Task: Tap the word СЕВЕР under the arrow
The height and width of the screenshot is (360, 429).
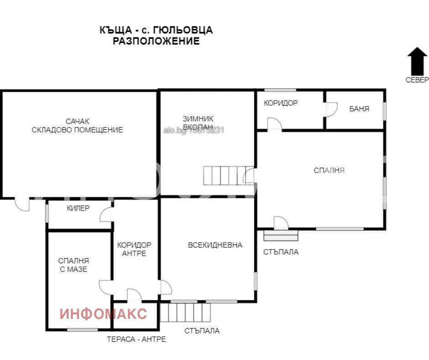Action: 417,80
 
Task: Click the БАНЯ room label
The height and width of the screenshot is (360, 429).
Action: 359,109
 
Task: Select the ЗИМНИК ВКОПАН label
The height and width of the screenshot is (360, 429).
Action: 198,122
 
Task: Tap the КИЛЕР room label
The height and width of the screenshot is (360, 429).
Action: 78,208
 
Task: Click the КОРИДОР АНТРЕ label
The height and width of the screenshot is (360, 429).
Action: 134,249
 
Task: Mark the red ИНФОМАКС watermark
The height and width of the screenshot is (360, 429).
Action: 104,314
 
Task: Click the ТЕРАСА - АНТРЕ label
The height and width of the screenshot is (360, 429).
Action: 136,339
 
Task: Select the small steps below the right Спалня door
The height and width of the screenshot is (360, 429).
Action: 281,235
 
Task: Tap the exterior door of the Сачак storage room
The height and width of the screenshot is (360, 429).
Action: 22,204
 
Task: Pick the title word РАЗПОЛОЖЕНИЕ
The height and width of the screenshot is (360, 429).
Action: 156,41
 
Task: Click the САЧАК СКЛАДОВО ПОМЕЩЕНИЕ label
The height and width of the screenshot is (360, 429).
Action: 77,126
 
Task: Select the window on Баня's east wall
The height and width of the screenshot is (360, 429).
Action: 384,110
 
